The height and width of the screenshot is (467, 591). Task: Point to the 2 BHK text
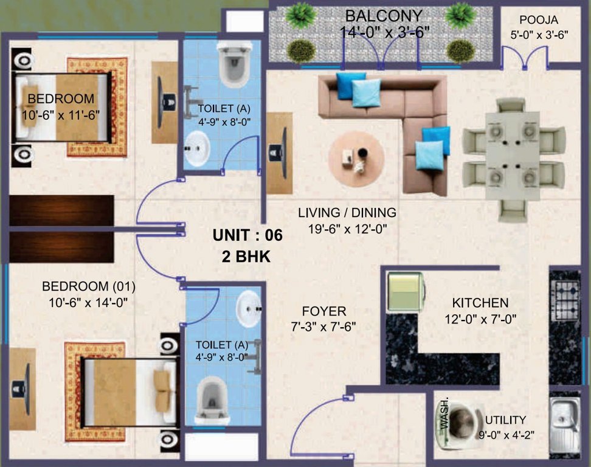(x=246, y=257)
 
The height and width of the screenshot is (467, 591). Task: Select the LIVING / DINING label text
(x=347, y=213)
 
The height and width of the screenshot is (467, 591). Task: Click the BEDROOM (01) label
(x=89, y=286)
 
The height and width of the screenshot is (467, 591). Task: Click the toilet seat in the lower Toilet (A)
(x=210, y=400)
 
